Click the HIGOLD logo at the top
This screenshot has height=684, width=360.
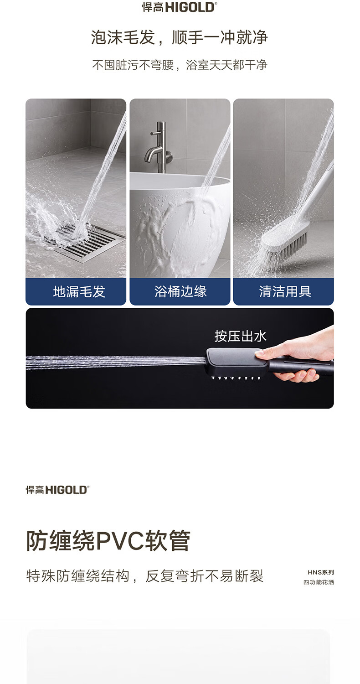(180, 7)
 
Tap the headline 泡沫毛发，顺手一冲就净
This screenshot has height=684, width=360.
(180, 37)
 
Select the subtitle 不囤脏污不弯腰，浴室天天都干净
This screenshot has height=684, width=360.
(180, 65)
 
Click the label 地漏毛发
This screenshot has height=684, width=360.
(79, 292)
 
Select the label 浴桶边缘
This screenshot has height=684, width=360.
(180, 292)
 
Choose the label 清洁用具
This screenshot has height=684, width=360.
(285, 292)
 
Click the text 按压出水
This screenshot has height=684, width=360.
(241, 336)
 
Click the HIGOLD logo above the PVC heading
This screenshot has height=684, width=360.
(58, 490)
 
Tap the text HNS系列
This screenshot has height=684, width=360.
(321, 572)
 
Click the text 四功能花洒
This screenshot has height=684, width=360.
(319, 582)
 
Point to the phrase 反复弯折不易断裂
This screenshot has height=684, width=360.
(204, 576)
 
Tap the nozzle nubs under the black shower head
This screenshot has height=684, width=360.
(236, 378)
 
